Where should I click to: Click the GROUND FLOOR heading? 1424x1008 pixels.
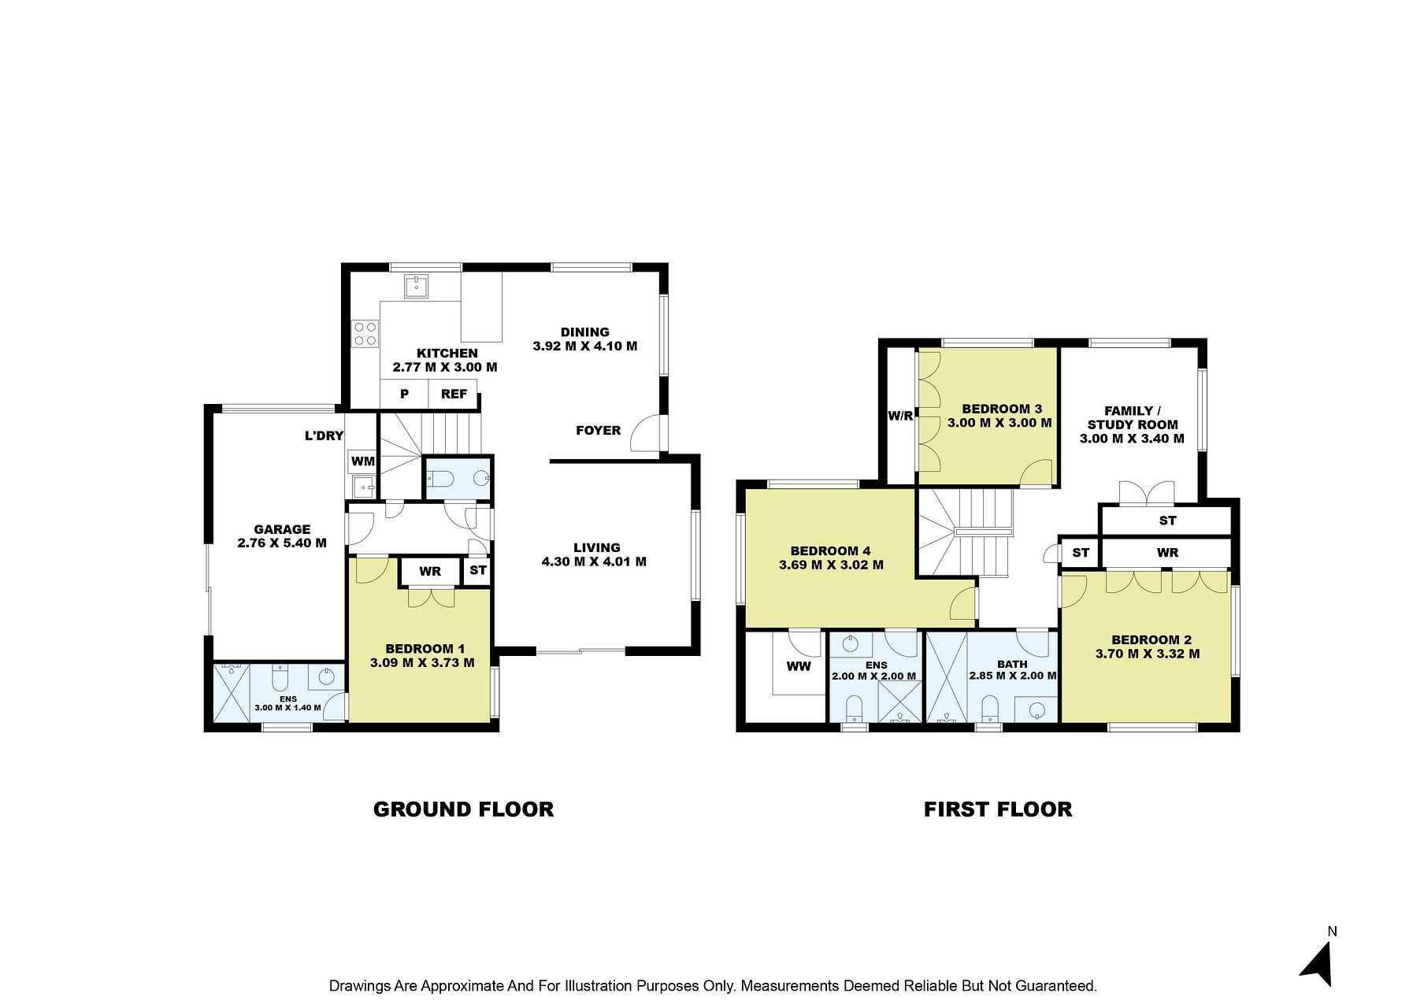(463, 810)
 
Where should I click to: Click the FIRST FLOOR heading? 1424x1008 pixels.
(998, 810)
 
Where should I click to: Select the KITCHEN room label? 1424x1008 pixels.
(447, 354)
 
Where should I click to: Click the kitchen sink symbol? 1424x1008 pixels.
(416, 287)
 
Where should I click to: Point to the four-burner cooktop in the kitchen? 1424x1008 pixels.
(365, 333)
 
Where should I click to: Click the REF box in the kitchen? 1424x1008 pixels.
(454, 394)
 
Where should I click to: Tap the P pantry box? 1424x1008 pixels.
(404, 394)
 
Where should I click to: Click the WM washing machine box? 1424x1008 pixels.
(362, 461)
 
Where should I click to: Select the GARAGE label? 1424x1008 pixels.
(282, 529)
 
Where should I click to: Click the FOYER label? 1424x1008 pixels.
(599, 430)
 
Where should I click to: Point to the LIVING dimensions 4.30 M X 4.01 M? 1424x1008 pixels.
(594, 561)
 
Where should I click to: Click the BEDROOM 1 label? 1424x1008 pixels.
(425, 649)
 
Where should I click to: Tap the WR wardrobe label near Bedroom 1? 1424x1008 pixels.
(430, 571)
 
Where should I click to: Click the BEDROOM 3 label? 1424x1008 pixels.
(1002, 409)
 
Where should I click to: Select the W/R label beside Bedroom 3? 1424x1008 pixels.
(900, 416)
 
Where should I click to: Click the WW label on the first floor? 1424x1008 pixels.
(799, 667)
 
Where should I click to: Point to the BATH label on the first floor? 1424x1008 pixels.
(1012, 664)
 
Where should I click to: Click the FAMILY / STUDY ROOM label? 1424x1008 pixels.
(1133, 417)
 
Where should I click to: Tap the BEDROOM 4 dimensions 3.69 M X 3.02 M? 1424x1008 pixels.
(831, 565)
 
